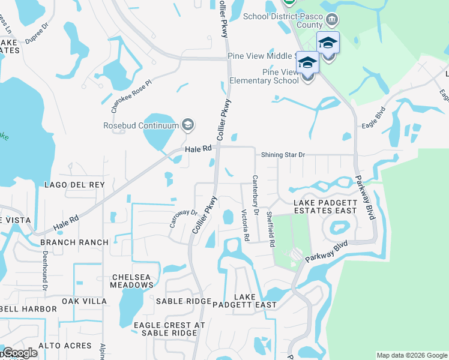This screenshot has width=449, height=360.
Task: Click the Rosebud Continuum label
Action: click(141, 125)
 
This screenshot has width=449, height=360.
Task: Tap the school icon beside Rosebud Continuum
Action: click(188, 125)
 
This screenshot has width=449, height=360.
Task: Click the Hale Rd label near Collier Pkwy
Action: click(199, 149)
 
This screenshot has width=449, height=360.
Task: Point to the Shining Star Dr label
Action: click(283, 155)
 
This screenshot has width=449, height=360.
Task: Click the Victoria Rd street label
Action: click(245, 225)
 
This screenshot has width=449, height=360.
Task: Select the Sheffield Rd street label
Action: click(271, 230)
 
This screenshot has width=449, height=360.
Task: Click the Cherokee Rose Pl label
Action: click(125, 97)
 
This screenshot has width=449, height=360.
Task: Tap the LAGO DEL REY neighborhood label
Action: click(74, 185)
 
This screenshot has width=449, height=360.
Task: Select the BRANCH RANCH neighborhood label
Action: click(74, 242)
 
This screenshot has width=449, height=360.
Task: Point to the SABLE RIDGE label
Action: click(184, 301)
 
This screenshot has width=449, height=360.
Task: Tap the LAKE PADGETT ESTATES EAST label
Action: click(325, 207)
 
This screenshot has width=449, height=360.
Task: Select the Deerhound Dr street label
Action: click(45, 271)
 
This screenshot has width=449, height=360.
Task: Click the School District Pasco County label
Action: click(283, 20)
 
